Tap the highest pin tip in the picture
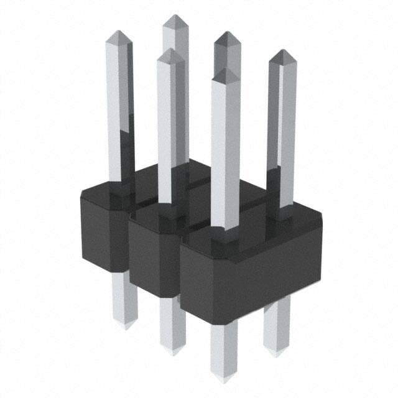tap(176, 17)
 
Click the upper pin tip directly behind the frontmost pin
tap(228, 34)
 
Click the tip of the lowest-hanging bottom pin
tap(223, 377)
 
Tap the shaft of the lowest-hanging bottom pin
tap(223, 348)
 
